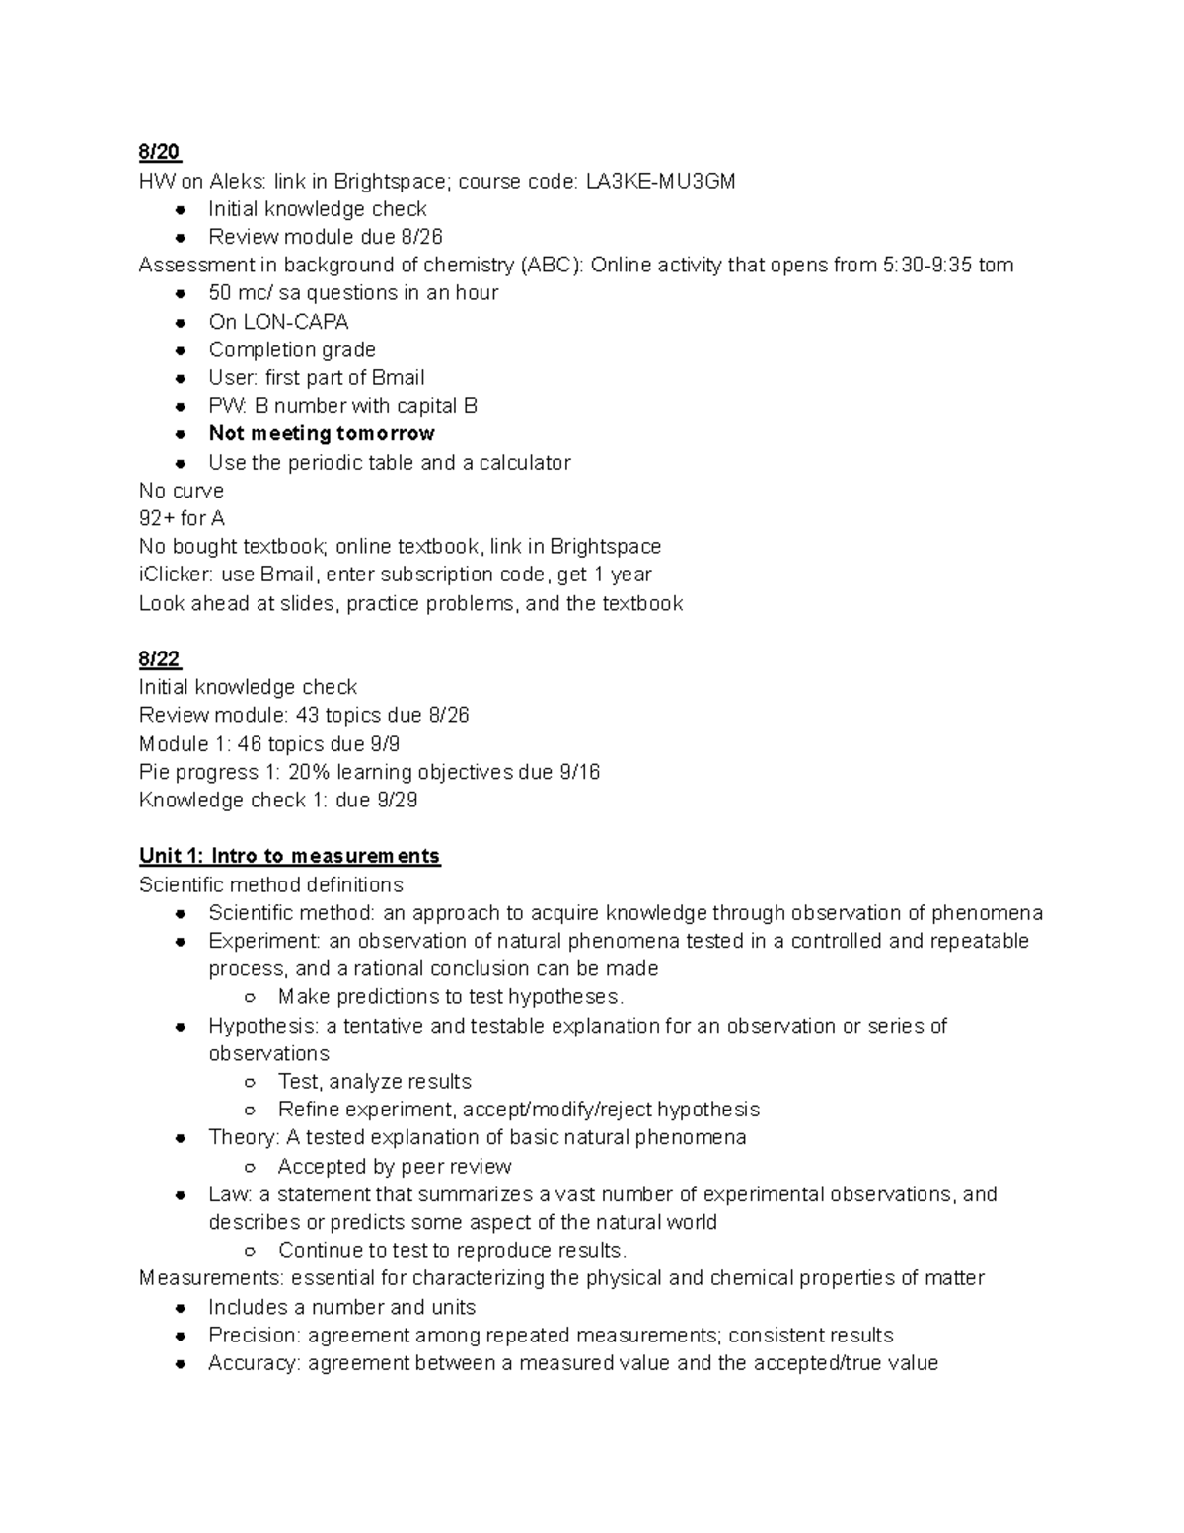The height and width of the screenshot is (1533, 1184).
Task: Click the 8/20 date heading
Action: (160, 152)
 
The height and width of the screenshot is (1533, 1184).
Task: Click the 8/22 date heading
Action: (160, 659)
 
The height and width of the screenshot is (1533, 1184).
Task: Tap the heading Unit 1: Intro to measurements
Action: (289, 856)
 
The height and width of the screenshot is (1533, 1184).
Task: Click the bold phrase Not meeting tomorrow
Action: (322, 434)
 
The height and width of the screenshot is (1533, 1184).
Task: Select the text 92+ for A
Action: (182, 518)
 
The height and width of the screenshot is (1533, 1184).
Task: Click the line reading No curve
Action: (182, 491)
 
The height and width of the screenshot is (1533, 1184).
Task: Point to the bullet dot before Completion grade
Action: (181, 350)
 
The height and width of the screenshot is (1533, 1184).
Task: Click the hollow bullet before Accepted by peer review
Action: (251, 1167)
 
